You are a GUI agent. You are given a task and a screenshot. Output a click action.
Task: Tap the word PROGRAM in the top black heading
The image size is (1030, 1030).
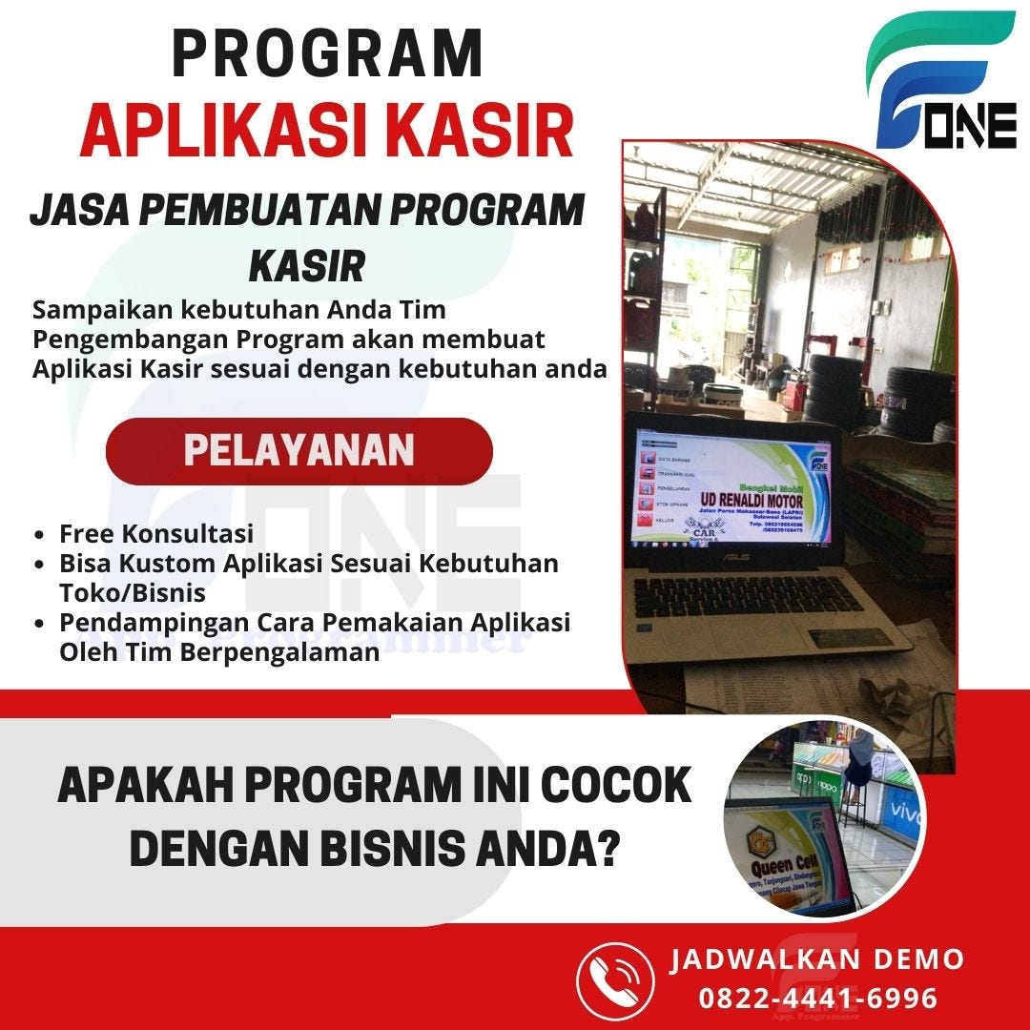(x=328, y=54)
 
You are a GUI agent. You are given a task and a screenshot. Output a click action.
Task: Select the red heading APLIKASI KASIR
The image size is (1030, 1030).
(x=326, y=133)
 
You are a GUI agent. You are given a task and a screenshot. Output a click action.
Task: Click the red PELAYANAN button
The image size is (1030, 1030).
(x=299, y=451)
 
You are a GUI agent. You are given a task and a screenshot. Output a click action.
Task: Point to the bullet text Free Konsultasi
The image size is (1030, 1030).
(x=156, y=532)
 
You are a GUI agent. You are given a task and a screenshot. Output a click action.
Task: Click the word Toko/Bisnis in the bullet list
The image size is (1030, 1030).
(x=133, y=592)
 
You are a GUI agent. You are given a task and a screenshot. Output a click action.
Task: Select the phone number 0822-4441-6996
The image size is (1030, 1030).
(x=818, y=998)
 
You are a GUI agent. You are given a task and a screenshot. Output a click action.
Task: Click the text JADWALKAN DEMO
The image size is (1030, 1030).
(x=817, y=958)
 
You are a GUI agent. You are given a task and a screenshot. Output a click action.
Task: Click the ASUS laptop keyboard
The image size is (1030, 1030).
(x=753, y=600)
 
